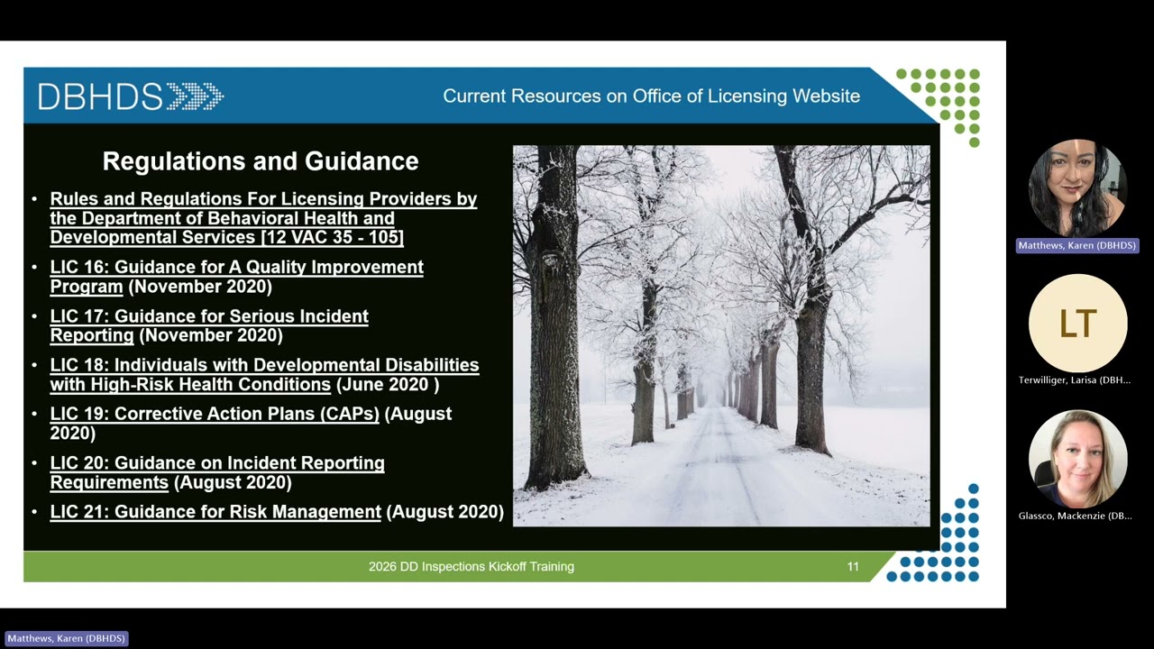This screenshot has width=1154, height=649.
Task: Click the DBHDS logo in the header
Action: (x=130, y=96)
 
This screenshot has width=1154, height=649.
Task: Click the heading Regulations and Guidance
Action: (x=261, y=161)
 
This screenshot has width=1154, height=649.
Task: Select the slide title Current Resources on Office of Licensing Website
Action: (x=651, y=96)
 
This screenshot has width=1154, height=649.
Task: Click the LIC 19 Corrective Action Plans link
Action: (x=215, y=414)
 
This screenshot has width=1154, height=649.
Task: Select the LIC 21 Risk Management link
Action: (x=215, y=512)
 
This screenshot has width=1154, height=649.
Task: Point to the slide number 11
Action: (x=853, y=567)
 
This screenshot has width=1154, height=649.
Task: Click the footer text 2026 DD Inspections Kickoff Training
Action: (x=471, y=567)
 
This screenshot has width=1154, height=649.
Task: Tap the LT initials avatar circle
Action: (x=1077, y=323)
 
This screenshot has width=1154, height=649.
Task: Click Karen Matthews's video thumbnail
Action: (x=1076, y=187)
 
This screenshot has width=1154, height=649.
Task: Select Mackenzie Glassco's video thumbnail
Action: (x=1077, y=459)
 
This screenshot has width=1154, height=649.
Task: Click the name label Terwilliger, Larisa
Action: (x=1074, y=380)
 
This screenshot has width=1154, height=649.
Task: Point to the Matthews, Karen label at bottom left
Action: (x=67, y=638)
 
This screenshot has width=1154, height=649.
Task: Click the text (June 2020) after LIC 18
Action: (x=388, y=385)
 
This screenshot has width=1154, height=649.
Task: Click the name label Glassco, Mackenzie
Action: (x=1075, y=516)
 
